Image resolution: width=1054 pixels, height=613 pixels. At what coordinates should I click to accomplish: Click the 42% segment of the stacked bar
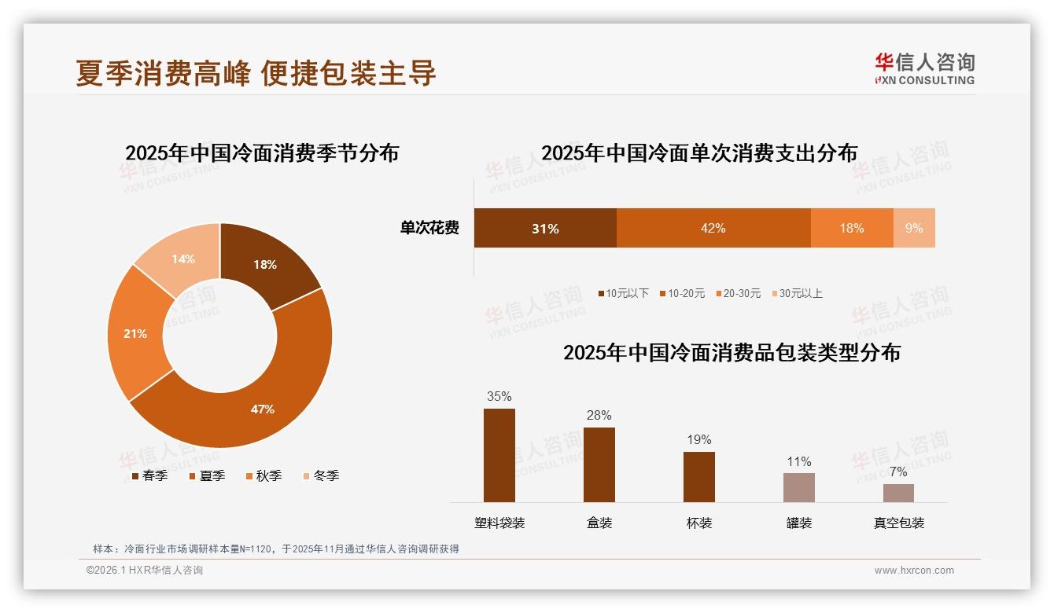point(713,228)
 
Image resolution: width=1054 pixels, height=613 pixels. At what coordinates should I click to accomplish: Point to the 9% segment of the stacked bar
point(914,228)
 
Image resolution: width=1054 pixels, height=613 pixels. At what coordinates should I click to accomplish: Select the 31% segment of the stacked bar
point(544,228)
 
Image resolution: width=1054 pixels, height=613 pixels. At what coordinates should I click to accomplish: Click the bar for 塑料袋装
point(499,455)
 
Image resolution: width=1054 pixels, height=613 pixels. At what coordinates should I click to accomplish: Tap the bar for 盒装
point(599,464)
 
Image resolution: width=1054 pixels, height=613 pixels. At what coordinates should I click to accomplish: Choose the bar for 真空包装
point(898,493)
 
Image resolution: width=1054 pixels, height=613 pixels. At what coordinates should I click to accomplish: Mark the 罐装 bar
point(798,487)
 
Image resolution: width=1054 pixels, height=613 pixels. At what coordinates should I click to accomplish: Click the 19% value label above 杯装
point(698,439)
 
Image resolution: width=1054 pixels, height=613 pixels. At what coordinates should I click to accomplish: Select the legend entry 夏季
point(208,475)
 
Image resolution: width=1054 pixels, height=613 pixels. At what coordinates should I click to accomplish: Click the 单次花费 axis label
point(429,228)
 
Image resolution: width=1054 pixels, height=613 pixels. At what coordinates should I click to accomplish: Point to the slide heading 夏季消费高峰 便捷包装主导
point(256,72)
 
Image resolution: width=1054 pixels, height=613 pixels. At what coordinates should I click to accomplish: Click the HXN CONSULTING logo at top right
point(924,68)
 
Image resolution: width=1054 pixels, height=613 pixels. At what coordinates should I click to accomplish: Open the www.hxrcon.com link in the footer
point(914,570)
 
